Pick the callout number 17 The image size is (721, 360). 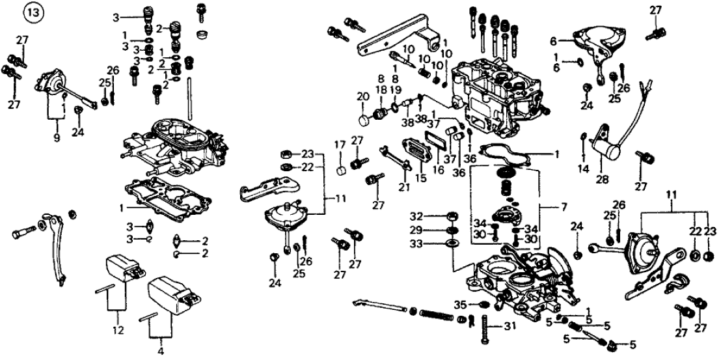339,145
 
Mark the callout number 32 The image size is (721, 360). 417,215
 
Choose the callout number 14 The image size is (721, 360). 582,169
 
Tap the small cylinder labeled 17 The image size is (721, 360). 340,172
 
